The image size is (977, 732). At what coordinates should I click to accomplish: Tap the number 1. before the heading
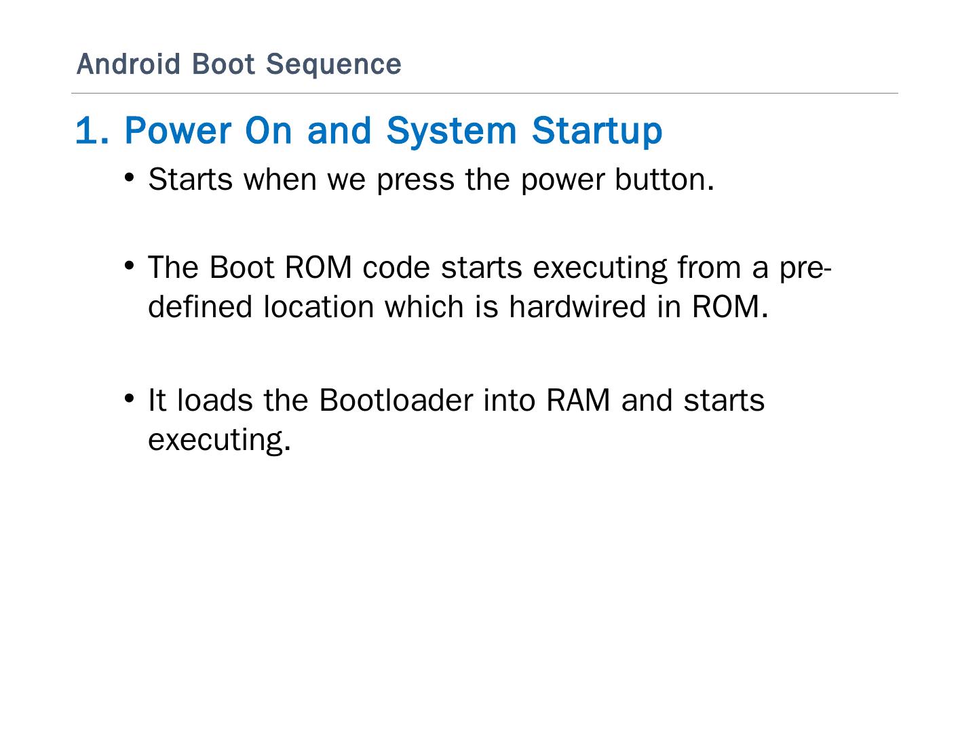pyautogui.click(x=92, y=130)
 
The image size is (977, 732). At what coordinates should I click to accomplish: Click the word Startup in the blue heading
pyautogui.click(x=597, y=130)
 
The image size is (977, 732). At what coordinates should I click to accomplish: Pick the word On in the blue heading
pyautogui.click(x=269, y=130)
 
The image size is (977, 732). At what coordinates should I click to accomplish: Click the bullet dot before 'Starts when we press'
pyautogui.click(x=130, y=178)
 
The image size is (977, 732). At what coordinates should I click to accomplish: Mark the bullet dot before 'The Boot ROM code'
pyautogui.click(x=130, y=266)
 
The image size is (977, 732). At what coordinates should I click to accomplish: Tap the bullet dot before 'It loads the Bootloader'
pyautogui.click(x=130, y=399)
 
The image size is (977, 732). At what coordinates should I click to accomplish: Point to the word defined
pyautogui.click(x=200, y=306)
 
